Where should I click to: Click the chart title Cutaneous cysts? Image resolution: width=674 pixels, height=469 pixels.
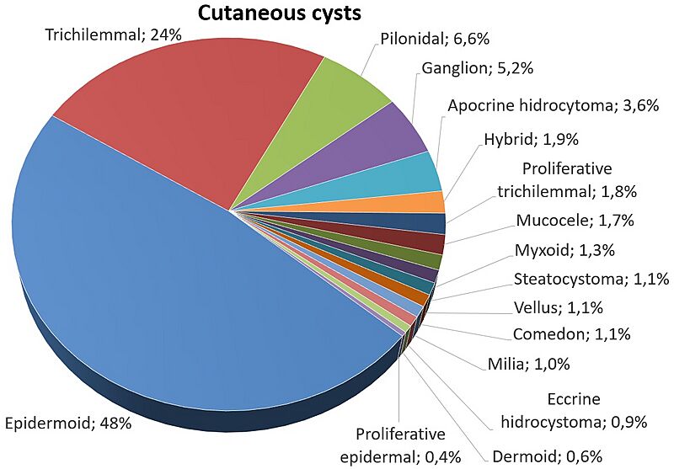click(280, 13)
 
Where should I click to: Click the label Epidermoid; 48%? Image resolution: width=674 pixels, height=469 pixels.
click(68, 424)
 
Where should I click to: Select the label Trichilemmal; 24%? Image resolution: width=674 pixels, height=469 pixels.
click(114, 35)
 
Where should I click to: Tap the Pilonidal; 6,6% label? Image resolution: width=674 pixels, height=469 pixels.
click(435, 39)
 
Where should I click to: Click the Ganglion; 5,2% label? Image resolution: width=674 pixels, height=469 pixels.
click(478, 68)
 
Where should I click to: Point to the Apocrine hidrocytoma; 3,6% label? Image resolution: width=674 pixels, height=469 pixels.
click(554, 105)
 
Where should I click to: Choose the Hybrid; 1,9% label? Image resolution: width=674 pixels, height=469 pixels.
click(532, 139)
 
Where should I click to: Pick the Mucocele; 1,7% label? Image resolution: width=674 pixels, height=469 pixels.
click(575, 221)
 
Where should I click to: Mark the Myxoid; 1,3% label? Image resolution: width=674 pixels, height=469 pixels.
click(564, 249)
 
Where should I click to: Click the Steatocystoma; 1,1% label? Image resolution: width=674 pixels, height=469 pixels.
click(591, 279)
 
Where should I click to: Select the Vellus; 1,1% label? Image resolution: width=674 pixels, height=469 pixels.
click(558, 307)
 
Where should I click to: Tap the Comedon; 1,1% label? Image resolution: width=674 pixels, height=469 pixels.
click(572, 333)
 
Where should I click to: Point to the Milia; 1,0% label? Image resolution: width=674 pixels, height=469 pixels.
click(529, 365)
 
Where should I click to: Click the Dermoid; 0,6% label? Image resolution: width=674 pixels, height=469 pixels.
click(547, 456)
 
